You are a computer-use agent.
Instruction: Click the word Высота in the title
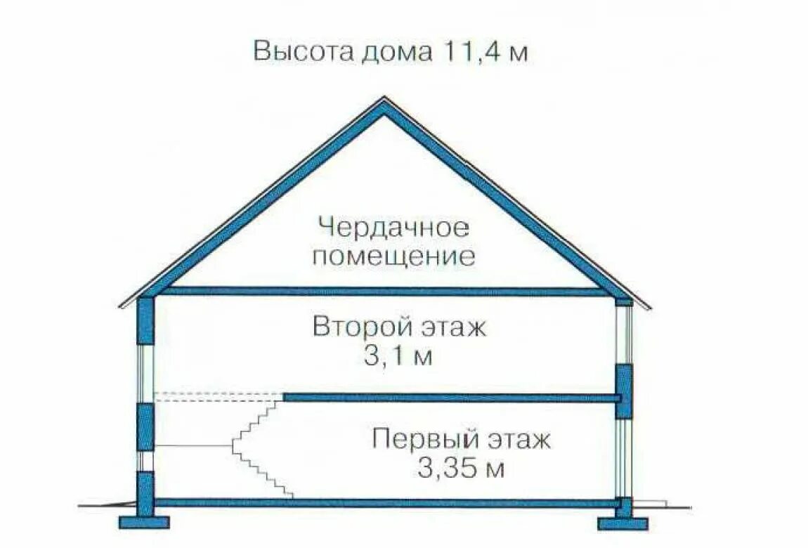295,53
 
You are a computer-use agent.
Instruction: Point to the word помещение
393,256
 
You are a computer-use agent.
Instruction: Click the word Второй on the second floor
351,328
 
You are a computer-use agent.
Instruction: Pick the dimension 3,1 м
397,356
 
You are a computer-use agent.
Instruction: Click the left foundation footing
144,522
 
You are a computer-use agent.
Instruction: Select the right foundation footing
623,523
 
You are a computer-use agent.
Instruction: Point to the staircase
260,450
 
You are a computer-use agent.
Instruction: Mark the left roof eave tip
122,306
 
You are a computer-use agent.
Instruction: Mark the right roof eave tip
648,306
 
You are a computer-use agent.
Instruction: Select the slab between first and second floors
450,398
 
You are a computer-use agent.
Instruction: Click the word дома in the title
394,53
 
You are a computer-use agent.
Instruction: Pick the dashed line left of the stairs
218,396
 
